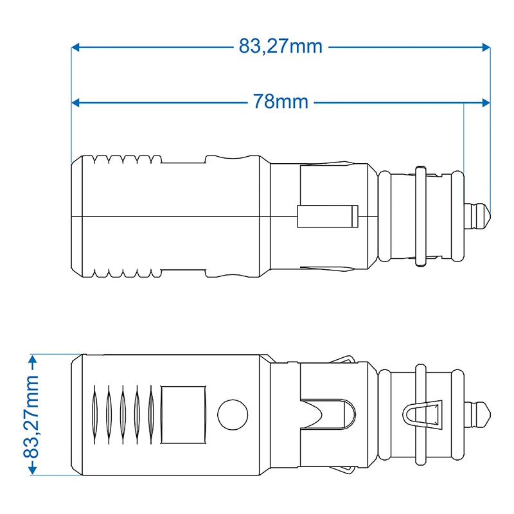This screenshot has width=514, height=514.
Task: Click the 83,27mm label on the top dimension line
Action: point(280,47)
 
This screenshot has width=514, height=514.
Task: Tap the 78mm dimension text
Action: point(280,102)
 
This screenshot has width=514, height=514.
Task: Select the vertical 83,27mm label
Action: point(31,416)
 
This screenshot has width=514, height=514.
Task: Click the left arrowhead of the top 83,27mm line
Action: point(75,47)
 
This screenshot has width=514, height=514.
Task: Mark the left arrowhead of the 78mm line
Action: point(75,102)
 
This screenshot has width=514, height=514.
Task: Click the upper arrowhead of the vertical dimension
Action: point(31,358)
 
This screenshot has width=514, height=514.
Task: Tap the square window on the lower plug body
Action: point(183,414)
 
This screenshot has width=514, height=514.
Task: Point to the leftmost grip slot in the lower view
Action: point(94,414)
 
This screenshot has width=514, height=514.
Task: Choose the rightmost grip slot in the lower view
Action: point(151,414)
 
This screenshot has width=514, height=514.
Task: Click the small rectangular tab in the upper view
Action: point(327,216)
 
